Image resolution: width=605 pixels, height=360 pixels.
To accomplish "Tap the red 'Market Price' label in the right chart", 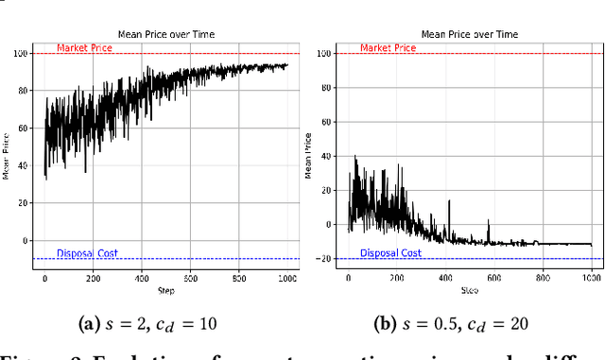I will (x=389, y=48).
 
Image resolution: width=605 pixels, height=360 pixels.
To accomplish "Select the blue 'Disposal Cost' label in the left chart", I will (x=89, y=253).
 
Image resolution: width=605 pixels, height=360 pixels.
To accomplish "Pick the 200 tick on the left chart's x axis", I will (x=93, y=279).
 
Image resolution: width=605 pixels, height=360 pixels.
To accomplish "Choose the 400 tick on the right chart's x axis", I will (x=445, y=279).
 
